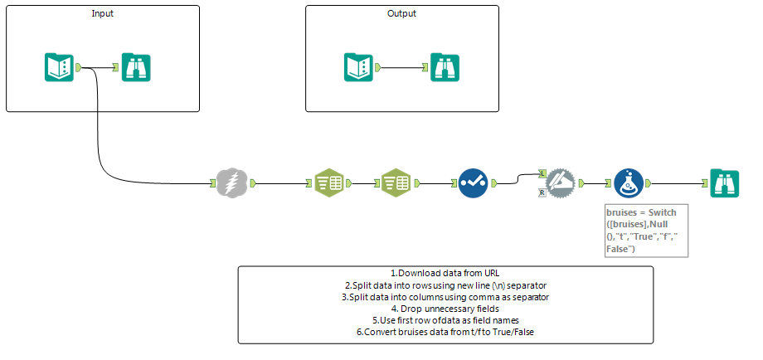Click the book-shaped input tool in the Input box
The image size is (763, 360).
point(58,67)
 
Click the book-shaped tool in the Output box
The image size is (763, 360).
point(358,67)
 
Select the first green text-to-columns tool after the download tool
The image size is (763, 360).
point(328,182)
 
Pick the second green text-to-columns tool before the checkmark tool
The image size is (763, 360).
point(395,182)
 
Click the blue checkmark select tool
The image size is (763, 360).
point(474,182)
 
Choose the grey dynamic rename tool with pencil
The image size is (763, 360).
point(560,182)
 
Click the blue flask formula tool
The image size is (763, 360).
point(629,182)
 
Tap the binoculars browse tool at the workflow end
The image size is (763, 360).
point(724,182)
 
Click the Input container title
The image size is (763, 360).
point(103,14)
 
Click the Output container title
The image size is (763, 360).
point(401,14)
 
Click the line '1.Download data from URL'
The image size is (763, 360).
point(445,274)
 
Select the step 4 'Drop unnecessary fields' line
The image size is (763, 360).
point(445,309)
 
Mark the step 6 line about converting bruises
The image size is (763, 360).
point(445,332)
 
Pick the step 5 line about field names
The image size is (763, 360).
point(445,320)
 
